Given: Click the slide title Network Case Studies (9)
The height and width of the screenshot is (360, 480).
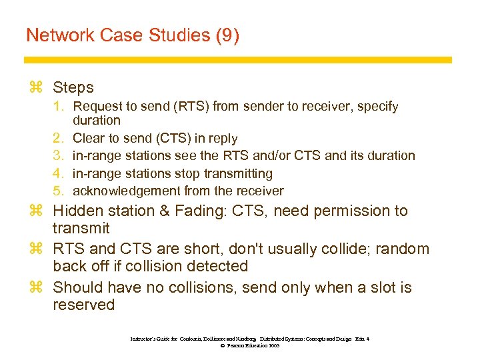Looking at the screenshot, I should click(132, 35).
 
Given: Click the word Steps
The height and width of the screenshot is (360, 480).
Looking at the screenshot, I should click(73, 87).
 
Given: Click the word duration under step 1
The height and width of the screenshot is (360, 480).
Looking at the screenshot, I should click(97, 121).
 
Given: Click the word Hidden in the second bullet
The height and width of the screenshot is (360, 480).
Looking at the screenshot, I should click(79, 211).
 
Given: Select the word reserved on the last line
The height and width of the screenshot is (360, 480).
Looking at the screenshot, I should click(84, 305).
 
